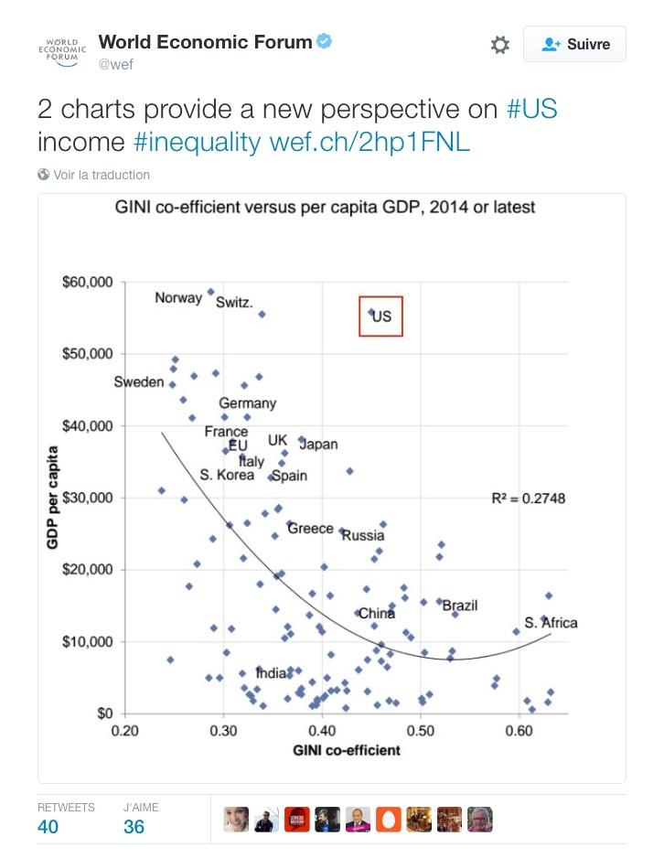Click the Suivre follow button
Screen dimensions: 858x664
click(x=574, y=44)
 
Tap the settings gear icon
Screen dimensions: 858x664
click(x=499, y=45)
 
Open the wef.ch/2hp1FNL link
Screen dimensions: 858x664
click(x=369, y=143)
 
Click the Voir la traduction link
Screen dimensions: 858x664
click(x=101, y=175)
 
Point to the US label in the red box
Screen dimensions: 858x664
click(x=381, y=316)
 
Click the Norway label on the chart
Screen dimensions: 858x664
click(x=178, y=298)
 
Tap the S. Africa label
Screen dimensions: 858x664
click(x=551, y=623)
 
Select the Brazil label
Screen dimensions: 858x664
click(x=460, y=606)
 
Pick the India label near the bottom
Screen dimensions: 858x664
click(x=272, y=674)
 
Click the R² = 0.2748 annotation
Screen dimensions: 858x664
click(x=529, y=499)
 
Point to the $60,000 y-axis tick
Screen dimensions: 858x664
click(x=87, y=282)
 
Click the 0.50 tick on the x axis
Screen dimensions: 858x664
click(x=421, y=732)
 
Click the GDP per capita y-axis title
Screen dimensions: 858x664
click(x=53, y=498)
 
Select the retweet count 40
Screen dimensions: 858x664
click(x=48, y=827)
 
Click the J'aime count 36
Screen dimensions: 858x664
click(x=134, y=827)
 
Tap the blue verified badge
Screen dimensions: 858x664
click(x=325, y=41)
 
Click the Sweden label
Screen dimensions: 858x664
click(x=139, y=382)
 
